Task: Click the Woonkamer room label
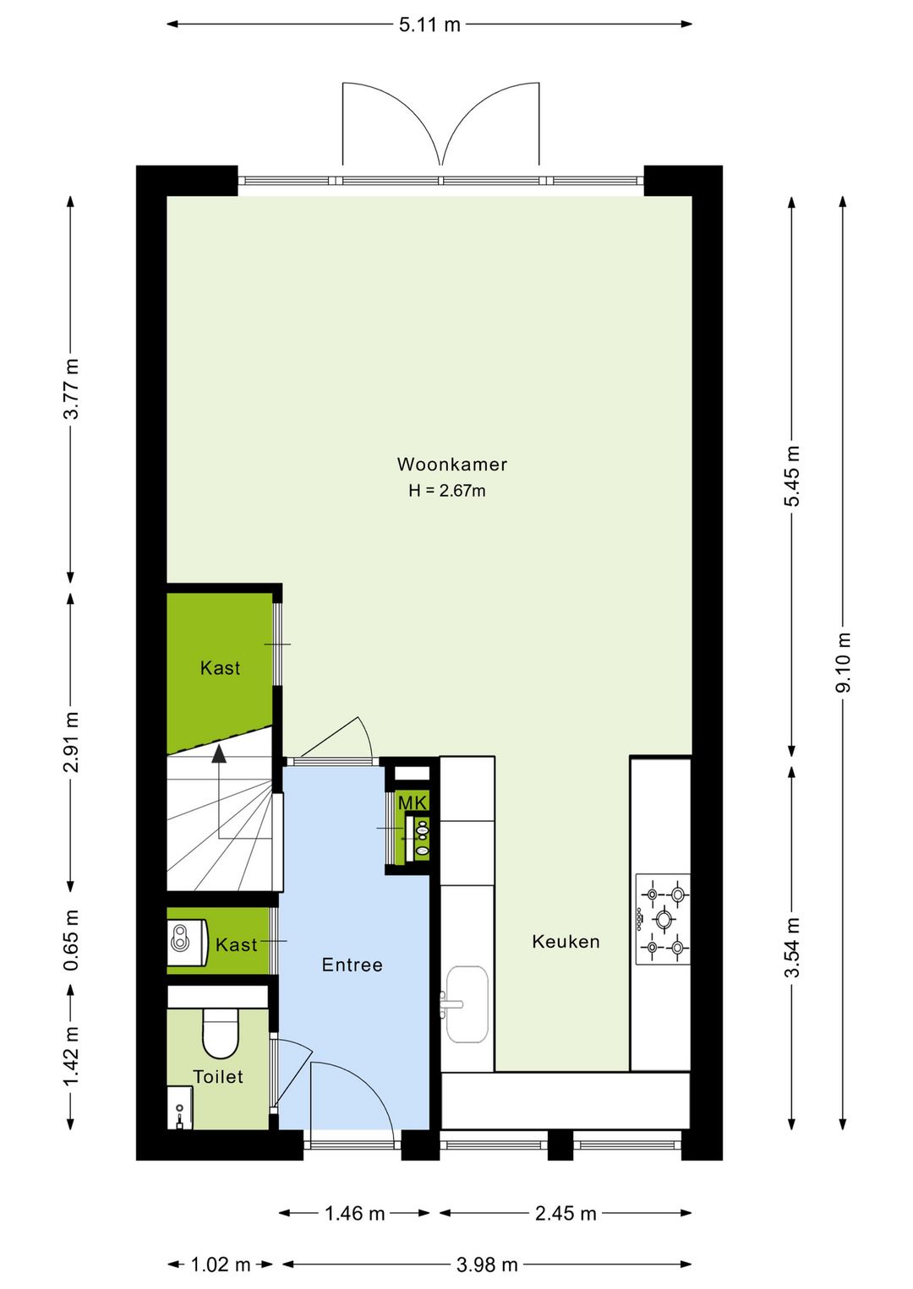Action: pos(451,465)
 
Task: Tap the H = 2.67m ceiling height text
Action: pos(447,491)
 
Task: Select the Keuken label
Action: pos(566,942)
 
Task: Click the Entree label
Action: pos(352,965)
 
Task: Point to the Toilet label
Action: pos(218,1077)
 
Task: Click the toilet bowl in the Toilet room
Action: pos(220,1036)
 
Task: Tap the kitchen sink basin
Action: pos(467,1003)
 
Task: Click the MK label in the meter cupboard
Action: pos(413,802)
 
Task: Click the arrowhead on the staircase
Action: pos(218,753)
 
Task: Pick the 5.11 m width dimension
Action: pos(429,24)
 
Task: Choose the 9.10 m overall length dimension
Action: pos(843,662)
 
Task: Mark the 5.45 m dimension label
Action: pos(792,476)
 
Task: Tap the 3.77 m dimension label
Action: pos(71,389)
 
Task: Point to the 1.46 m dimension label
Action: pos(355,1213)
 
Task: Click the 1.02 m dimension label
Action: pos(220,1265)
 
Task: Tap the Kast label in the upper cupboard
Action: pos(220,668)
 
